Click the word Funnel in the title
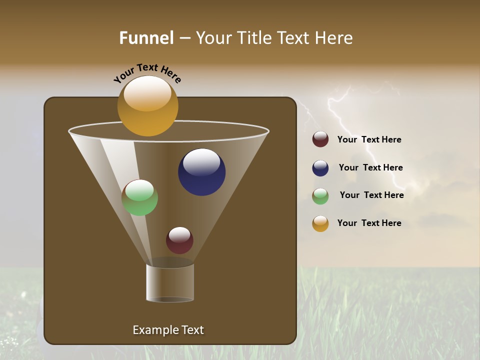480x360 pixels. point(146,38)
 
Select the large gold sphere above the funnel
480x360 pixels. point(147,106)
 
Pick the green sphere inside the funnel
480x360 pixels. point(139,198)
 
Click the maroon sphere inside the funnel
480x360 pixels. point(179,240)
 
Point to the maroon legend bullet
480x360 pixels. point(320,139)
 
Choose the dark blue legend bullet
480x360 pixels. point(320,168)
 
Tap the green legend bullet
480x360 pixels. point(320,196)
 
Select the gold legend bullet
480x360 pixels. point(320,223)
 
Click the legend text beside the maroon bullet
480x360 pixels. point(369,140)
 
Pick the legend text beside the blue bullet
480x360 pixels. point(370,168)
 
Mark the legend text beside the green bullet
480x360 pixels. point(371,195)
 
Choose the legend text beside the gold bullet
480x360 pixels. point(369,223)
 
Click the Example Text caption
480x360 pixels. point(168,330)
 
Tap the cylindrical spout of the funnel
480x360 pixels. point(170,283)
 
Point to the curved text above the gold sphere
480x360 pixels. point(147,73)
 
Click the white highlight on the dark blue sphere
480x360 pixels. point(201,162)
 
